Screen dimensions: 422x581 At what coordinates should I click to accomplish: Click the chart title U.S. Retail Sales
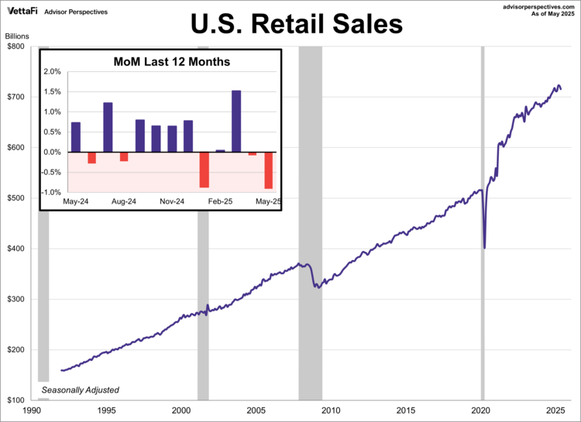click(x=297, y=25)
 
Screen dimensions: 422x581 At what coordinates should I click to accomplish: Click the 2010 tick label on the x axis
click(x=331, y=410)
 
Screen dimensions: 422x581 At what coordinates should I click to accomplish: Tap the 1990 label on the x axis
click(x=32, y=410)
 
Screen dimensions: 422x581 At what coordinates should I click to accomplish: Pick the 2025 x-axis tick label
click(x=555, y=410)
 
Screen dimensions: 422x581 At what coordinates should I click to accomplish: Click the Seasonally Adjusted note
click(x=81, y=389)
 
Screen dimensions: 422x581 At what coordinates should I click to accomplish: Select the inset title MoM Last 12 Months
click(x=172, y=61)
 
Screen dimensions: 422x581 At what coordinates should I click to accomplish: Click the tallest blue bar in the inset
click(x=236, y=121)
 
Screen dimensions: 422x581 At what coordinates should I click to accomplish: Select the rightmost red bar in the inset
click(x=269, y=170)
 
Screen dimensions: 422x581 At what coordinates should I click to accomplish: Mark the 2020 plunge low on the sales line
click(x=485, y=248)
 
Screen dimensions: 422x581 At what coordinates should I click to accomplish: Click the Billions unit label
click(x=19, y=36)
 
